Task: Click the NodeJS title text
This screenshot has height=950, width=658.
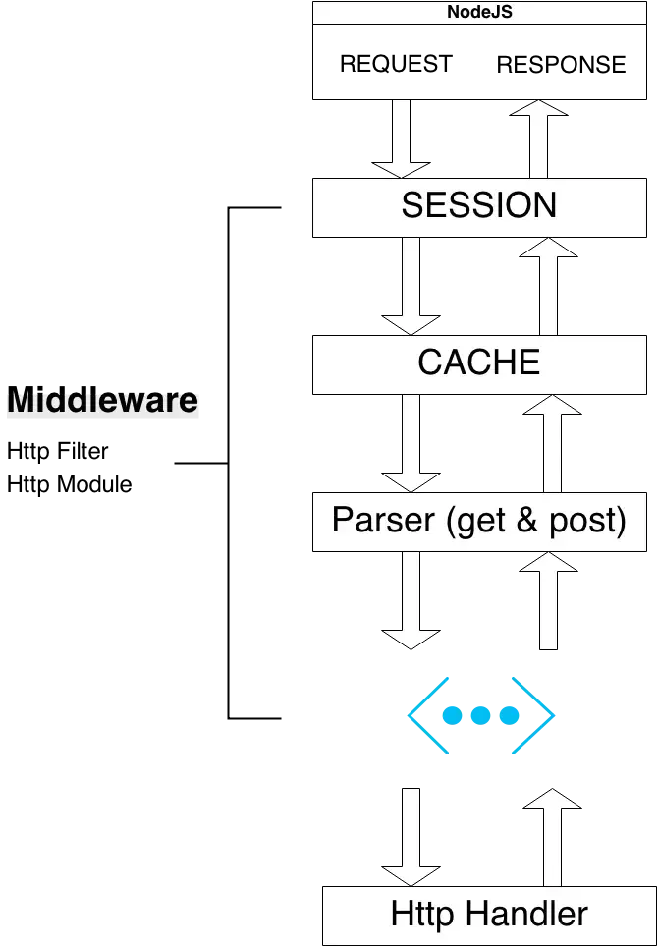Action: point(479,12)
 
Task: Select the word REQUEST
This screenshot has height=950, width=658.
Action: point(396,64)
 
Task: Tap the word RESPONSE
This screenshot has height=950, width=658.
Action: point(561,65)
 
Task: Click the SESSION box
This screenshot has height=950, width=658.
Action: point(479,207)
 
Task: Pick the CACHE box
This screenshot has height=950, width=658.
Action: point(479,364)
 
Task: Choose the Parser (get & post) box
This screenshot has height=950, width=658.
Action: point(479,522)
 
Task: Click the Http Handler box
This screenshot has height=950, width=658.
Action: point(489,916)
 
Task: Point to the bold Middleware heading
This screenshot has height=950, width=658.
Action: point(102,400)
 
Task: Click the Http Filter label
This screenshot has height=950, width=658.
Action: point(58,451)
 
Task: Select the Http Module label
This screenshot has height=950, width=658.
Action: point(69,484)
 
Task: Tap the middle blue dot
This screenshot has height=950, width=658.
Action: point(480,715)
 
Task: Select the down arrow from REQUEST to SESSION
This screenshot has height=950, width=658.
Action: point(401,139)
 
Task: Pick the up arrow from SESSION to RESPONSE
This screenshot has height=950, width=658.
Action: point(538,139)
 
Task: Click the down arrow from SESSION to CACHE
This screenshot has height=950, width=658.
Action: point(411,286)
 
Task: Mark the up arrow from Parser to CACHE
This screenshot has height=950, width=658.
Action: point(552,443)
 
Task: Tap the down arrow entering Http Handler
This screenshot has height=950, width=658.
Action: point(411,837)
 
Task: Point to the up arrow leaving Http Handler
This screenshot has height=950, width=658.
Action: point(552,837)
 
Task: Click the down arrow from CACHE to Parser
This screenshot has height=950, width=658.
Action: point(411,443)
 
